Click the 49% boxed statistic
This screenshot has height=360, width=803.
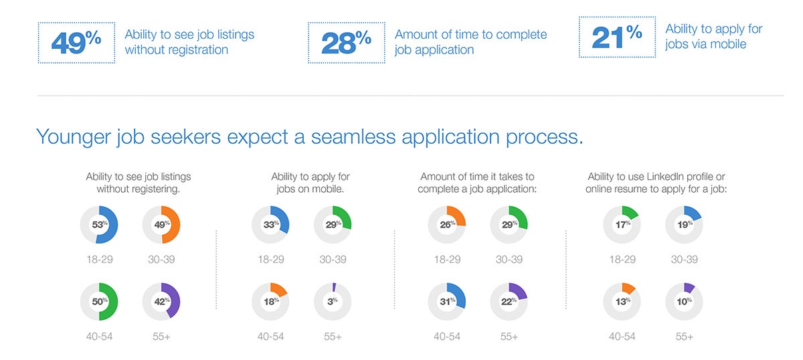point(76,43)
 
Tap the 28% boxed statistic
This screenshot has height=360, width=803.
point(347,43)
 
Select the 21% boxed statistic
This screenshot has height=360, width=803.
point(617,37)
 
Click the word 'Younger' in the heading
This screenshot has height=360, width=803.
point(73,137)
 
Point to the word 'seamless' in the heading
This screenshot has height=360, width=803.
point(353,137)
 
